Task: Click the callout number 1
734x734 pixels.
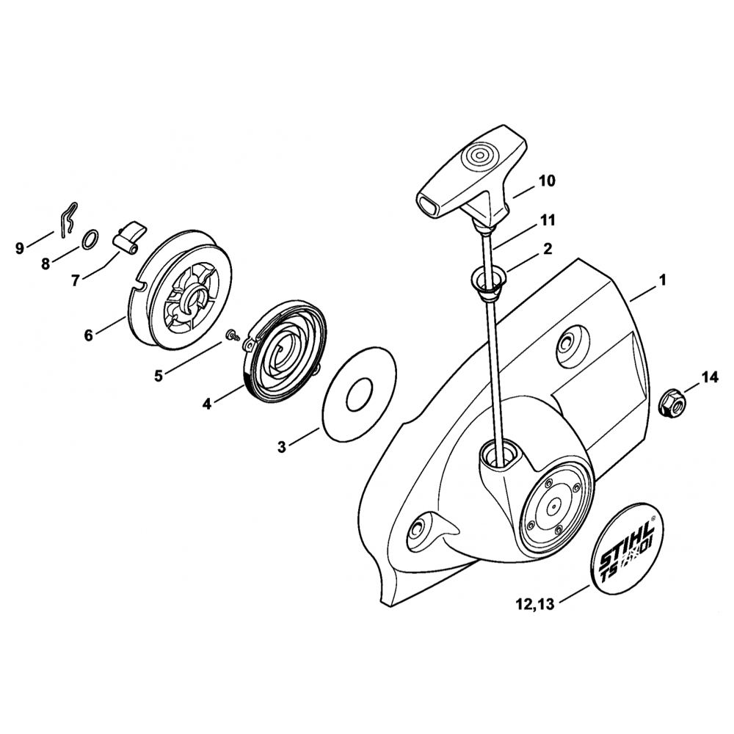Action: click(662, 280)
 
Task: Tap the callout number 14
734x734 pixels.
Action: click(708, 378)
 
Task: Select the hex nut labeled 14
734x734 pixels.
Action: click(670, 401)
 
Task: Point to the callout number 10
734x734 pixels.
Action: click(547, 180)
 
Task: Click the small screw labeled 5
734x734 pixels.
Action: click(233, 335)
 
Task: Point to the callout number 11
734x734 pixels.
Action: click(547, 219)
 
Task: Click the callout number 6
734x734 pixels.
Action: click(89, 335)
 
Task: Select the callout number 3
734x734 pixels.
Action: click(282, 447)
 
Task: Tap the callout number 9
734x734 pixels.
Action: click(20, 248)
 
